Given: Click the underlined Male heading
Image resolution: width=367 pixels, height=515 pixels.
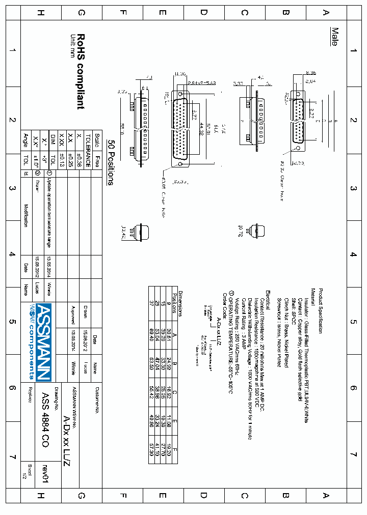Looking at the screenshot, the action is pyautogui.click(x=334, y=37).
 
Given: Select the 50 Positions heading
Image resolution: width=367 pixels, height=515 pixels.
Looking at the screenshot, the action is pyautogui.click(x=110, y=162).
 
